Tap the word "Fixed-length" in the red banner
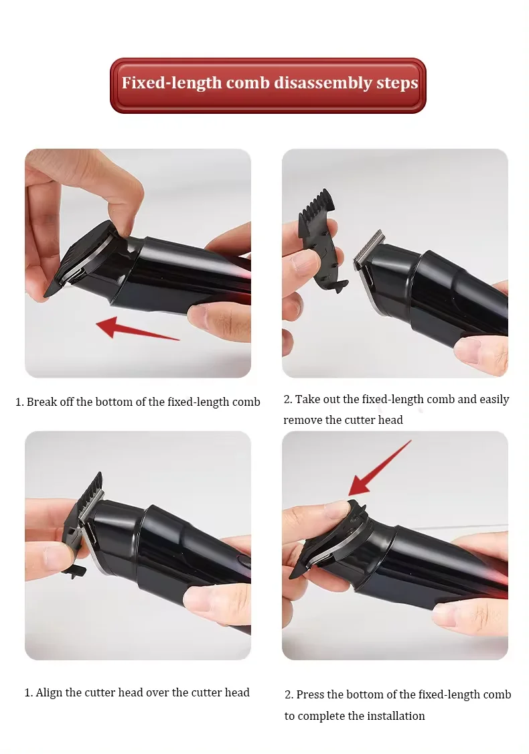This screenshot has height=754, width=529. tap(171, 83)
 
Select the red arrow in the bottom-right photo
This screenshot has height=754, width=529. tap(379, 468)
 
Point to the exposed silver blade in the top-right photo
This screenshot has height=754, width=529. tap(368, 250)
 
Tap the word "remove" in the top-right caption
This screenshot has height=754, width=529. tap(303, 420)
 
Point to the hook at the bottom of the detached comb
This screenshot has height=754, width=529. tap(339, 287)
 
